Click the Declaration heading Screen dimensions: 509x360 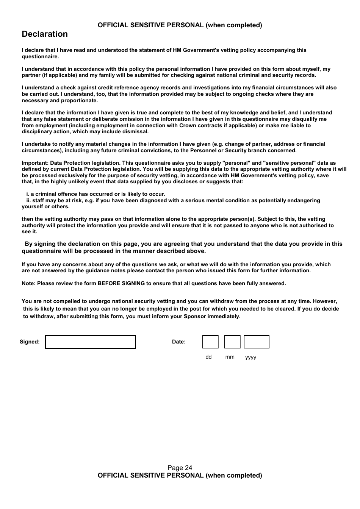(x=45, y=34)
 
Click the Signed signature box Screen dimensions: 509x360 (x=91, y=342)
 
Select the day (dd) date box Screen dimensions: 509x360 (x=210, y=342)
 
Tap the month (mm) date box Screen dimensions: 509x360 (x=232, y=342)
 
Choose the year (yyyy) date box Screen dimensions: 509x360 (x=257, y=342)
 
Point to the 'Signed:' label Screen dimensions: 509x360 (x=30, y=342)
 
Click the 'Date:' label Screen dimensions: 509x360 (x=179, y=342)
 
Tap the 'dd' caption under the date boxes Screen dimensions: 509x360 (x=208, y=357)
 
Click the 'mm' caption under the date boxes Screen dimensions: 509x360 (x=230, y=357)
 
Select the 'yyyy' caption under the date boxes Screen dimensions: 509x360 (x=250, y=358)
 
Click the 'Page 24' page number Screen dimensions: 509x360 (x=180, y=468)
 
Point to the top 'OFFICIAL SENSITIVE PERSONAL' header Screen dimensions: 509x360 (x=180, y=25)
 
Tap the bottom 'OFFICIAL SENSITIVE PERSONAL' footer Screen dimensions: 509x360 (x=180, y=475)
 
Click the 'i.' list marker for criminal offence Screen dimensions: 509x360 (x=28, y=194)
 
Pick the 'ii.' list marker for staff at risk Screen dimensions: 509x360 (x=28, y=200)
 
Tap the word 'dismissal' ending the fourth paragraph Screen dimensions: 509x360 (x=136, y=131)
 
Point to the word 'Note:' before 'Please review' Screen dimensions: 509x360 (x=29, y=283)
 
